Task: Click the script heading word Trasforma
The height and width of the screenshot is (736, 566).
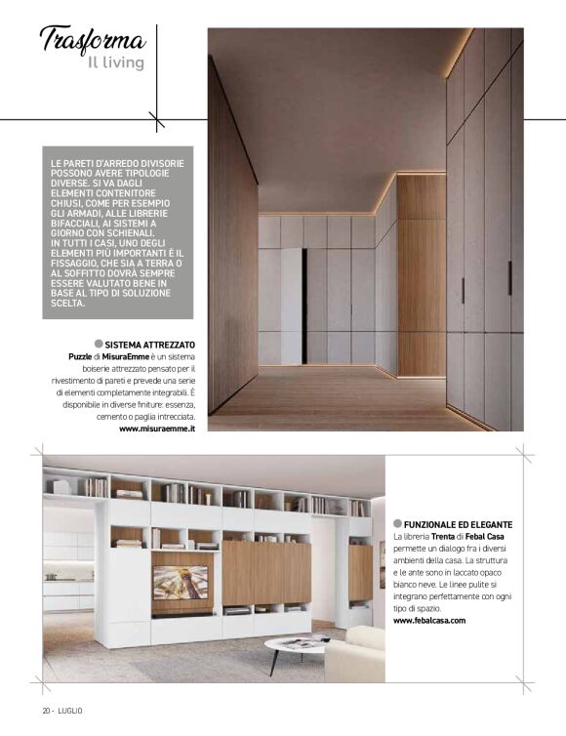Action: click(x=94, y=40)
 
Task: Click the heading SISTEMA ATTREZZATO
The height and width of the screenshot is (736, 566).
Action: click(x=150, y=345)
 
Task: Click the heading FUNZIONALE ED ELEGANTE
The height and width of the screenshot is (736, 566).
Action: click(x=459, y=525)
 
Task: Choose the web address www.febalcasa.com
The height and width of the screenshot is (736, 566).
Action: click(x=430, y=620)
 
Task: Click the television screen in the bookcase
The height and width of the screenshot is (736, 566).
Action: click(x=181, y=582)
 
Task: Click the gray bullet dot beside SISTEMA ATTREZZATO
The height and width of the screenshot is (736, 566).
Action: click(x=99, y=345)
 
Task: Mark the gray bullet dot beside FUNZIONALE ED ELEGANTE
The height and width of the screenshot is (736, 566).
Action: click(x=398, y=525)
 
